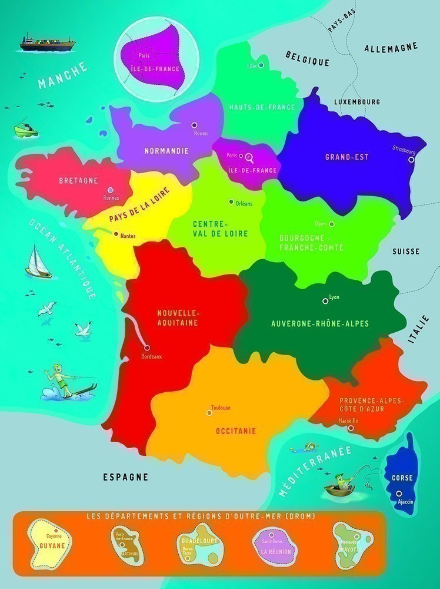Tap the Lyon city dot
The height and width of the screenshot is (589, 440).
point(325,301)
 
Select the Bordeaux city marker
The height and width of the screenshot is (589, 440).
point(146,348)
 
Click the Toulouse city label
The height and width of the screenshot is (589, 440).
point(221,408)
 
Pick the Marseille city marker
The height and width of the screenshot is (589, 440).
point(351,429)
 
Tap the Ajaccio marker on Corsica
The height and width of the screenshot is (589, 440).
point(399,494)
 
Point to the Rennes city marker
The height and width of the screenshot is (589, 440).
point(110,190)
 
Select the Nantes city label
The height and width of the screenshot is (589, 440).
point(128,236)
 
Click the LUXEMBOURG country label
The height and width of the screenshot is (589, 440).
point(356,102)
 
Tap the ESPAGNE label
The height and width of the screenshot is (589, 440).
point(125,477)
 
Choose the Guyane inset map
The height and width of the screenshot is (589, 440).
point(51,542)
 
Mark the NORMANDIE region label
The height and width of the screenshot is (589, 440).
point(166,151)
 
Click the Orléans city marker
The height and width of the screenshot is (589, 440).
point(231,201)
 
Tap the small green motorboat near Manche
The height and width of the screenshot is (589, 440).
point(25,129)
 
